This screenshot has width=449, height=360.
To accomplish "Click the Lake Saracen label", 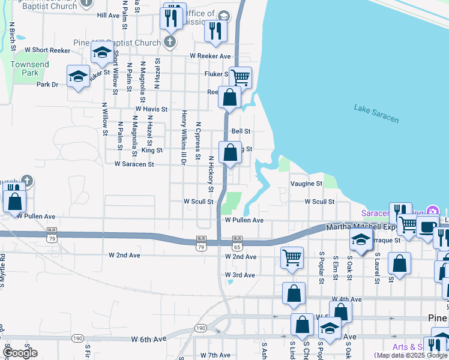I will tap(376, 113).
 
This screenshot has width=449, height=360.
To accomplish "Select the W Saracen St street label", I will tap(134, 163).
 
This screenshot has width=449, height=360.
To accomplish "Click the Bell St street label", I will tap(241, 131).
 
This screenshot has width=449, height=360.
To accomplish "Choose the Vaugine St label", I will tap(306, 184).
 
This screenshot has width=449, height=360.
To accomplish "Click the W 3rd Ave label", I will tap(240, 275).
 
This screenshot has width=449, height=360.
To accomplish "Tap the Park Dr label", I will tap(47, 85).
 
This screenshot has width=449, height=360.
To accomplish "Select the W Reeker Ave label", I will tap(210, 56).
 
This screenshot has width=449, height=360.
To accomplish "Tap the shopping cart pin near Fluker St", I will tap(240, 77).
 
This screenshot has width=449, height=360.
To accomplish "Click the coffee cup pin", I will tap(428, 228).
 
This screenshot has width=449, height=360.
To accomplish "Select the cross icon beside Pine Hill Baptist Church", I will tap(170, 43).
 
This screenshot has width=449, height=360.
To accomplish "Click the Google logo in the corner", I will tap(20, 353).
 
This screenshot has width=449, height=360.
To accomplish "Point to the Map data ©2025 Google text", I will tap(411, 355).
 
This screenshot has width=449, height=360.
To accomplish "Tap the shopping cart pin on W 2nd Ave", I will tap(292, 258).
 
